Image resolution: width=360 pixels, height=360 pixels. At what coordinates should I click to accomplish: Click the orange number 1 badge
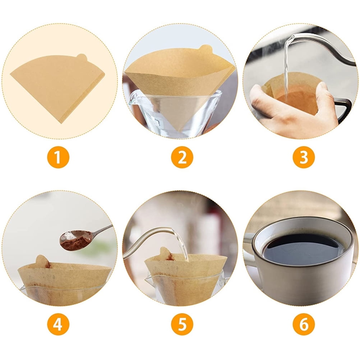(58, 157)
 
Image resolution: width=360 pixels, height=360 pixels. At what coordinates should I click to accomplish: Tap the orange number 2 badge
(182, 157)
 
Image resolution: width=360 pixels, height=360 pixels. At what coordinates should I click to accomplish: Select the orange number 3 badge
(304, 157)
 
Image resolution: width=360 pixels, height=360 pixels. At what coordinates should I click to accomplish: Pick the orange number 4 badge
(58, 324)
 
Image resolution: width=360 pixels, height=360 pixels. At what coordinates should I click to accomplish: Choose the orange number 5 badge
(182, 324)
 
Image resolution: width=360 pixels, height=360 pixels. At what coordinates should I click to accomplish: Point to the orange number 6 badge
(304, 324)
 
